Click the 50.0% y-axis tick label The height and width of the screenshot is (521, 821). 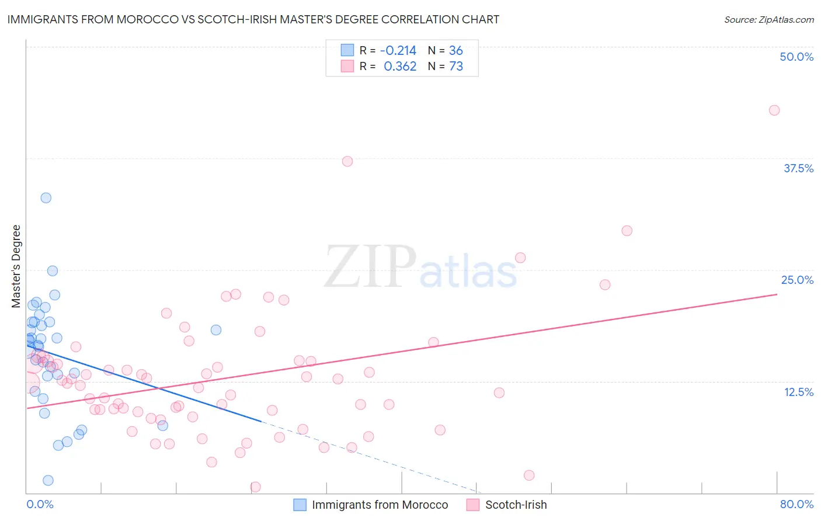pyautogui.click(x=796, y=57)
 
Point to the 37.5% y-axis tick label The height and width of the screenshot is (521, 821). pyautogui.click(x=798, y=169)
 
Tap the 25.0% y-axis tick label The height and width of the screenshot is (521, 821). pyautogui.click(x=797, y=280)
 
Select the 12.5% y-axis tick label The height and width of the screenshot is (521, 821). pyautogui.click(x=798, y=392)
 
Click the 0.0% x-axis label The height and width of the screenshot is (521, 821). pyautogui.click(x=40, y=504)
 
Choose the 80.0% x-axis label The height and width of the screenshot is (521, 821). pyautogui.click(x=796, y=504)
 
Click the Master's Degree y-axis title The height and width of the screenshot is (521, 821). pyautogui.click(x=16, y=266)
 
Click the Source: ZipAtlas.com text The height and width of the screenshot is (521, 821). pyautogui.click(x=768, y=20)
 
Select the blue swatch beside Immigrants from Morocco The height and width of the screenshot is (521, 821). pyautogui.click(x=300, y=505)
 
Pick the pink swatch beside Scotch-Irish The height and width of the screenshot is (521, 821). pyautogui.click(x=473, y=505)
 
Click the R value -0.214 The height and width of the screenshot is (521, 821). pyautogui.click(x=398, y=51)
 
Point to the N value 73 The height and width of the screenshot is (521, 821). pyautogui.click(x=456, y=67)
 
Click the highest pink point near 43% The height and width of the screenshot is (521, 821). pyautogui.click(x=774, y=110)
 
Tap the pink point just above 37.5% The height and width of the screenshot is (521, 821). pyautogui.click(x=347, y=161)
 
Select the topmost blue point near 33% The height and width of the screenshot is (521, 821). pyautogui.click(x=46, y=198)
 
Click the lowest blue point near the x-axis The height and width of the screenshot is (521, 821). pyautogui.click(x=48, y=480)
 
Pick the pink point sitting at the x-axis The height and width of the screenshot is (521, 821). pyautogui.click(x=255, y=487)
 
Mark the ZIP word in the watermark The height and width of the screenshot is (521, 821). pyautogui.click(x=370, y=267)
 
